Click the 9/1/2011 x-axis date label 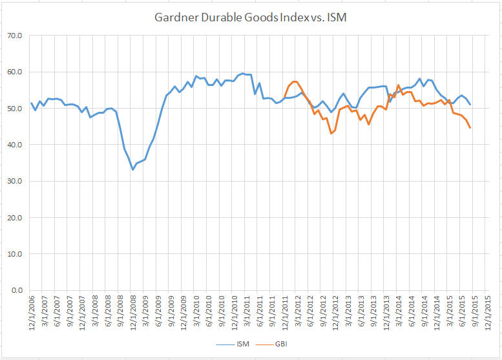point(271,317)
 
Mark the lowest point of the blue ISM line point(132,169)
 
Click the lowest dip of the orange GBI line point(331,133)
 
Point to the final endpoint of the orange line point(470,128)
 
